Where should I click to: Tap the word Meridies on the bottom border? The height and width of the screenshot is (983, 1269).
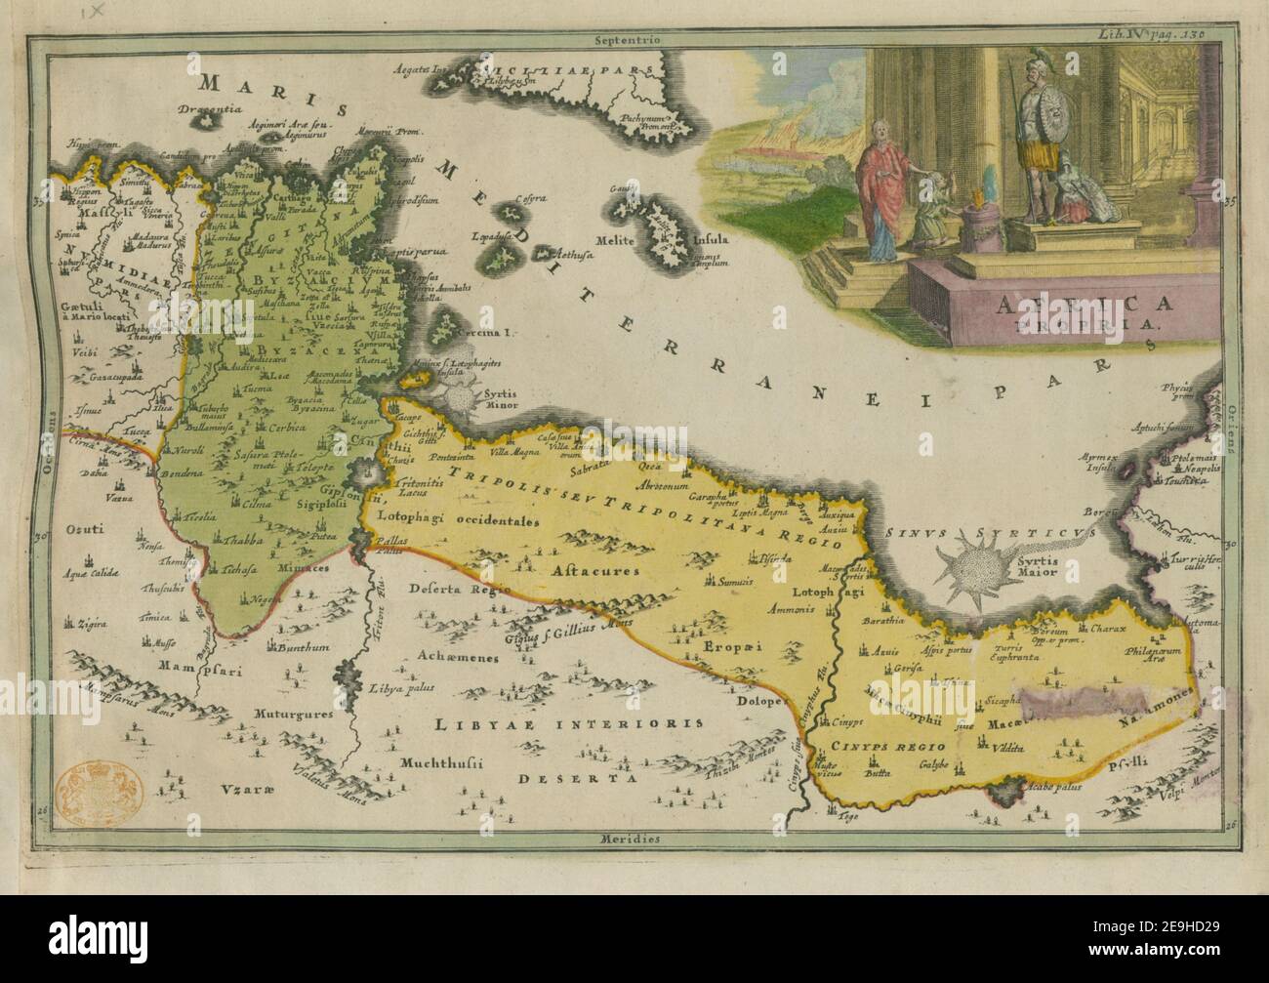tap(627, 839)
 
